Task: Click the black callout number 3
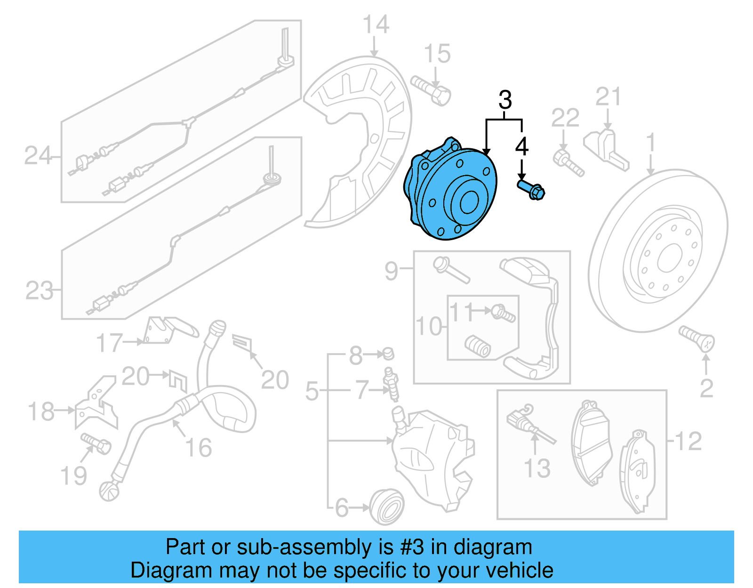click(x=505, y=100)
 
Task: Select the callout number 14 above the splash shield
click(x=376, y=24)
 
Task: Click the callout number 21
click(x=608, y=97)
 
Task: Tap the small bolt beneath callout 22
click(x=569, y=162)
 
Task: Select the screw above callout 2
click(x=697, y=339)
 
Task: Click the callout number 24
click(x=37, y=156)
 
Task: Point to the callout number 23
click(x=39, y=290)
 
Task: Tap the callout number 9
click(x=391, y=270)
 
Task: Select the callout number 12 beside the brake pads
click(x=688, y=441)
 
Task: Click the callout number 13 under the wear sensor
click(x=537, y=468)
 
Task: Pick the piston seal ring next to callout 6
click(x=387, y=506)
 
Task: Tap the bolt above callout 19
click(x=96, y=443)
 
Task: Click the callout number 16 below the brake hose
click(x=199, y=448)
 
